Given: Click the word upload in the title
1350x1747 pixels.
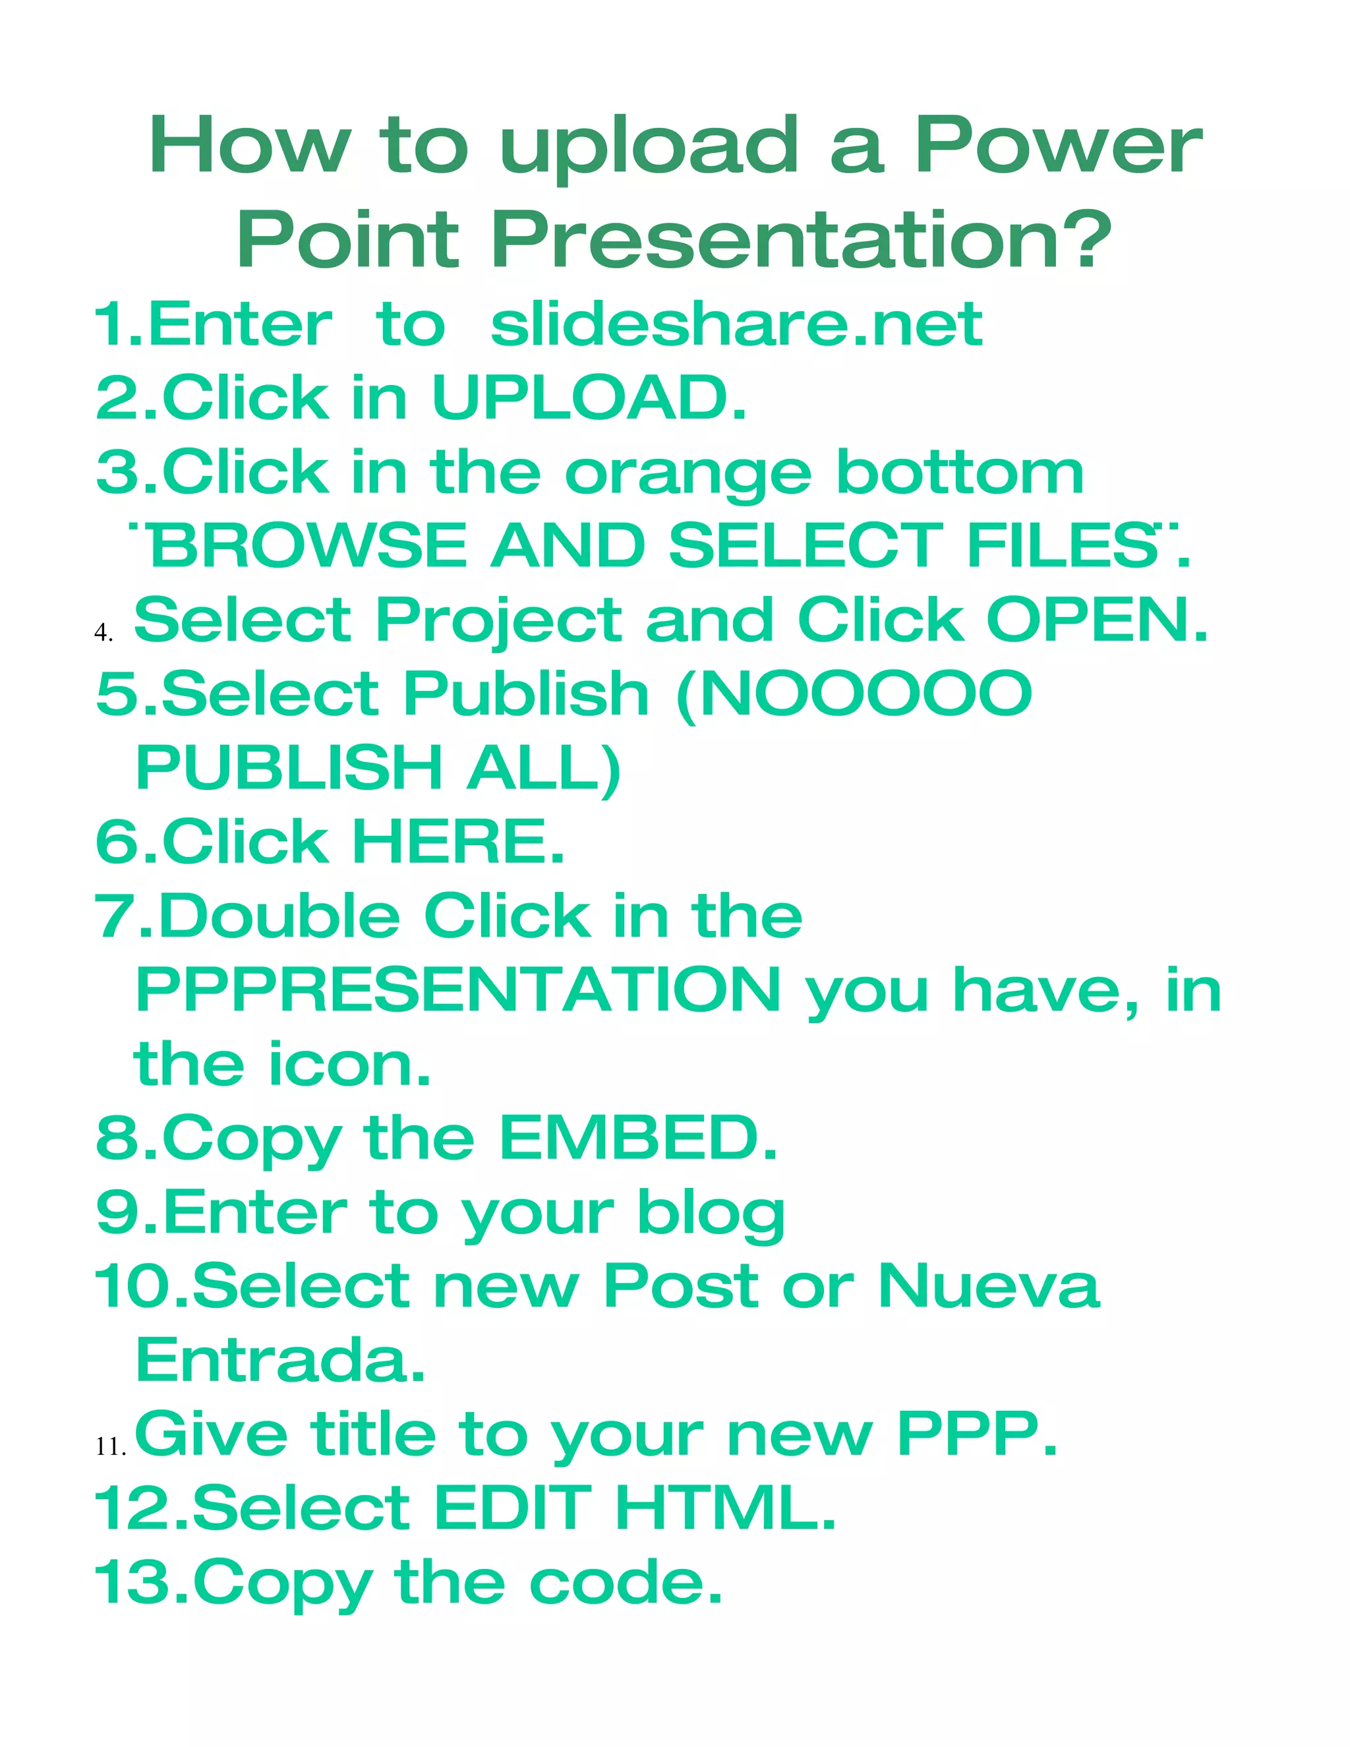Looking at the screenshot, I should (649, 148).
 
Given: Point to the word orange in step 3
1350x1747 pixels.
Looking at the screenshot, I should (688, 473).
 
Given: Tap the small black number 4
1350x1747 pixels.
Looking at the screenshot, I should (102, 633).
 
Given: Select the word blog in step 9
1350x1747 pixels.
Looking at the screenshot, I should (710, 1214).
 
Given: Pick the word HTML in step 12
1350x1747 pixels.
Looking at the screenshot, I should (724, 1508).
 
